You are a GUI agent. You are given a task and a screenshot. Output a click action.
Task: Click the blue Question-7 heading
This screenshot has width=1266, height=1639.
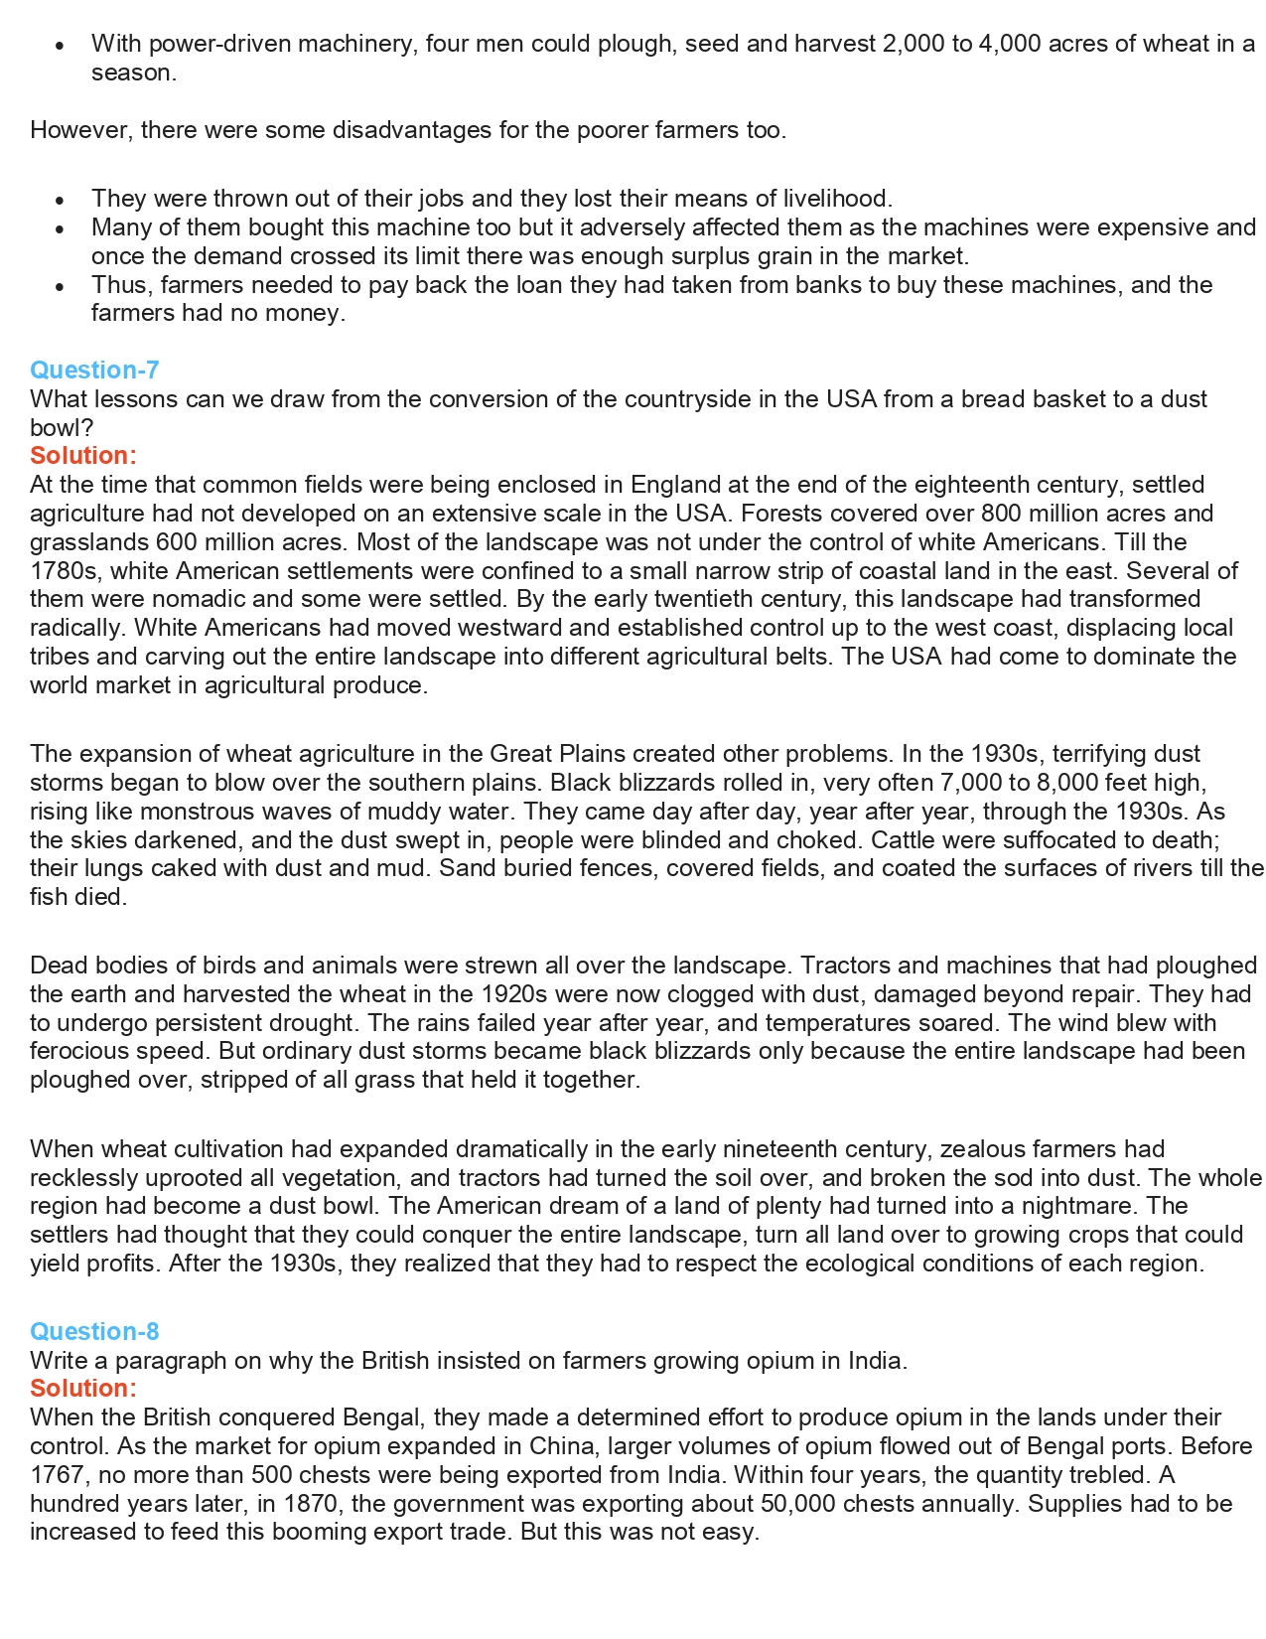(94, 371)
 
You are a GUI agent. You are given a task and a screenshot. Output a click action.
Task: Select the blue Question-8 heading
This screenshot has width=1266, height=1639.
(94, 1332)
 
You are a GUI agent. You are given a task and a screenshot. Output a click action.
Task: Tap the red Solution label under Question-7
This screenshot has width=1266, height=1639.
(83, 456)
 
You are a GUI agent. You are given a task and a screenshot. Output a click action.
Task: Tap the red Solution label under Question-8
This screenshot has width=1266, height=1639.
(83, 1389)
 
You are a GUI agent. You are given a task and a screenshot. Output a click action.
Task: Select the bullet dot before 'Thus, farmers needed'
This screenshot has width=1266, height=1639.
(61, 286)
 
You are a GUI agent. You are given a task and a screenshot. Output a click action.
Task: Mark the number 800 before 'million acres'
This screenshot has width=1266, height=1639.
(1002, 514)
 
